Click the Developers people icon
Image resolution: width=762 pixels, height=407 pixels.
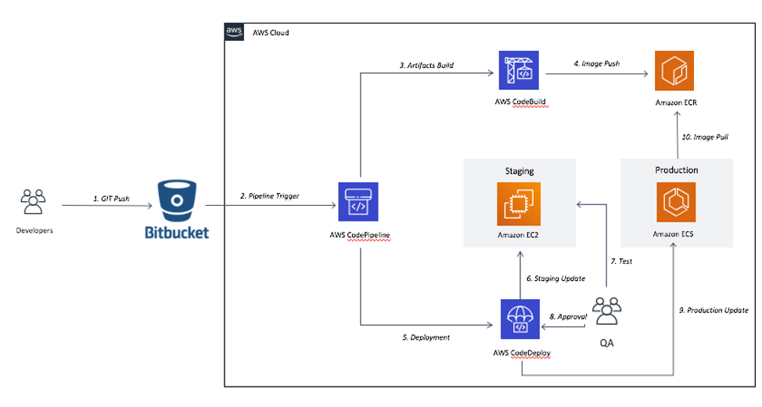pos(32,202)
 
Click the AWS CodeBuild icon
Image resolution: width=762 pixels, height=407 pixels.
pos(519,72)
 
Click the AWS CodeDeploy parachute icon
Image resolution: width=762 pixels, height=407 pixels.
pos(519,319)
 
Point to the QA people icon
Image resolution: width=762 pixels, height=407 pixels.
pos(607,311)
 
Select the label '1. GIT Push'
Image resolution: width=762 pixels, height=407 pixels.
pos(110,199)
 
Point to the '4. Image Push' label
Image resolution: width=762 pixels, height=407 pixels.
pos(596,64)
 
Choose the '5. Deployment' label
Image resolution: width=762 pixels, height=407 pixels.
pos(426,337)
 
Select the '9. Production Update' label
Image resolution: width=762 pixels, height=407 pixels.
pos(713,310)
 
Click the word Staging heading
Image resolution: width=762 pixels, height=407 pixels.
pos(519,170)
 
